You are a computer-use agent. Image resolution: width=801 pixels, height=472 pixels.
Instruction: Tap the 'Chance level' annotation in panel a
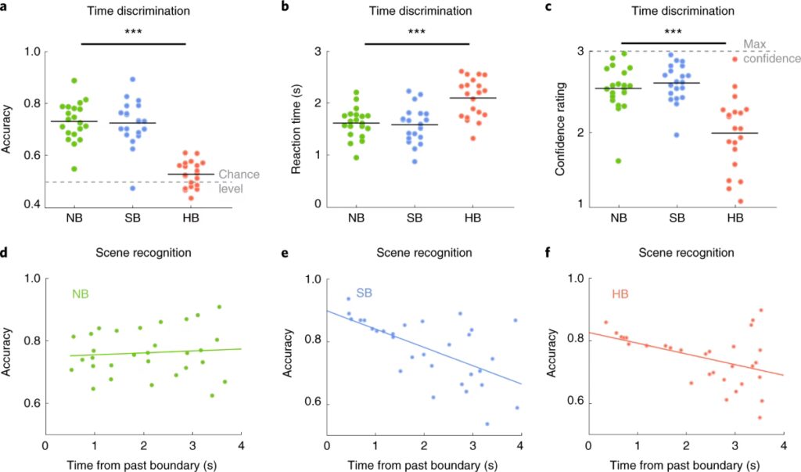pyautogui.click(x=239, y=181)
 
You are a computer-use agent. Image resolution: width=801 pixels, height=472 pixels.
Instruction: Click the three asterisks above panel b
pyautogui.click(x=415, y=32)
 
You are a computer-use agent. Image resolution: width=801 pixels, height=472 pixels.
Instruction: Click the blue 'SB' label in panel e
pyautogui.click(x=364, y=292)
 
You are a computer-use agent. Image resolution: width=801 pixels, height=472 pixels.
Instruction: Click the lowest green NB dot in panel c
pyautogui.click(x=619, y=160)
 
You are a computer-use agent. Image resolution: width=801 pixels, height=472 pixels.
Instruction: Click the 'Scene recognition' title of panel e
pyautogui.click(x=423, y=253)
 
